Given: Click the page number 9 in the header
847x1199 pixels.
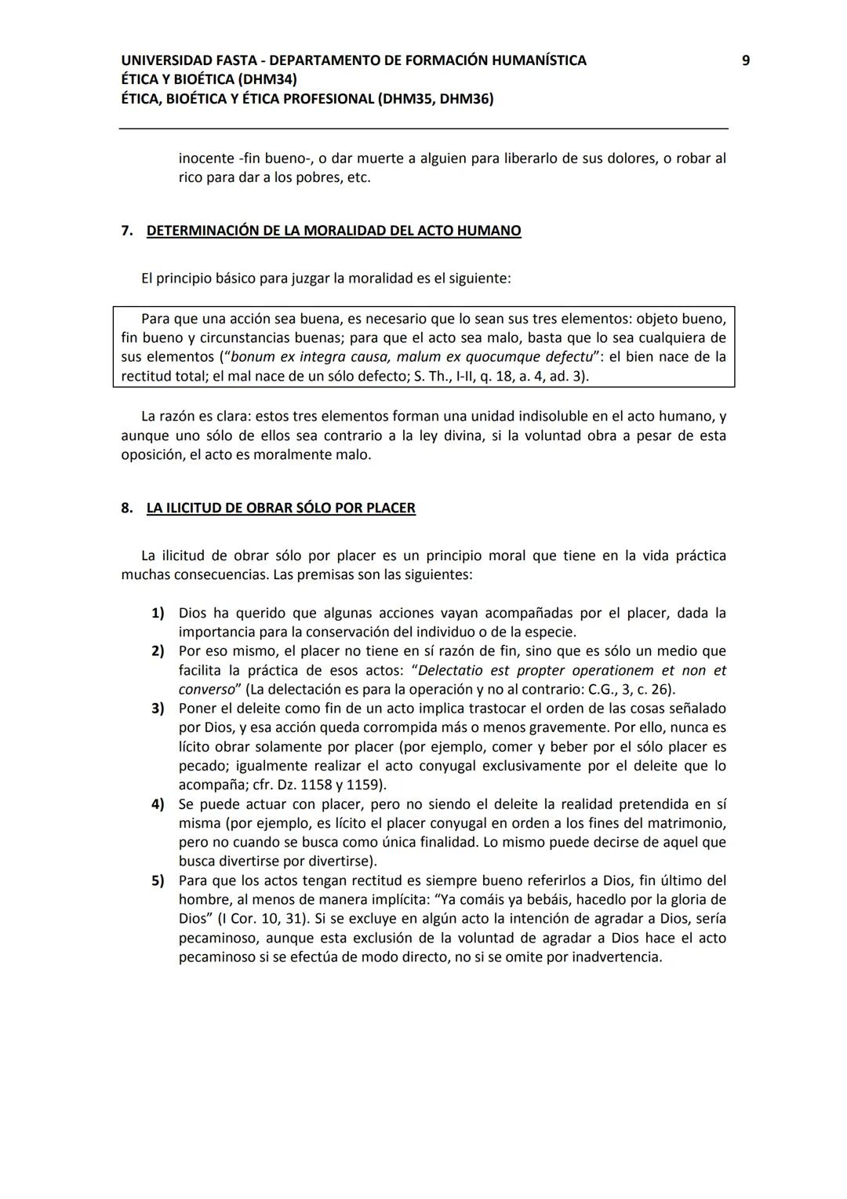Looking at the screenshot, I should pyautogui.click(x=745, y=60).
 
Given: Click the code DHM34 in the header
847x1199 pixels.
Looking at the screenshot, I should pyautogui.click(x=266, y=79).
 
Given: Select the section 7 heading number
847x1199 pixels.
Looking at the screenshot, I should pyautogui.click(x=126, y=231).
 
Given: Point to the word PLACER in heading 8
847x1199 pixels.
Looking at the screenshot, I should pyautogui.click(x=391, y=508).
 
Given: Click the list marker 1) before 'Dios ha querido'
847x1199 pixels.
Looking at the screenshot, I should pyautogui.click(x=158, y=613).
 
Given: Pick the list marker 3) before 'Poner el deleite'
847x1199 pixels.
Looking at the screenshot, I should pyautogui.click(x=158, y=709).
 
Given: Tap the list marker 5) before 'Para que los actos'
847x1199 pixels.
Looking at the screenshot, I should pyautogui.click(x=158, y=880).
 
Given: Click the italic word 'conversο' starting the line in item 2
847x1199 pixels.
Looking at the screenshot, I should pyautogui.click(x=207, y=690).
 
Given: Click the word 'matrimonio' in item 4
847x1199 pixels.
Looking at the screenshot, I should pyautogui.click(x=689, y=823).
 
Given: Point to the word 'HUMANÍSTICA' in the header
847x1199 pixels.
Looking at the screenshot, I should pyautogui.click(x=538, y=60).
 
